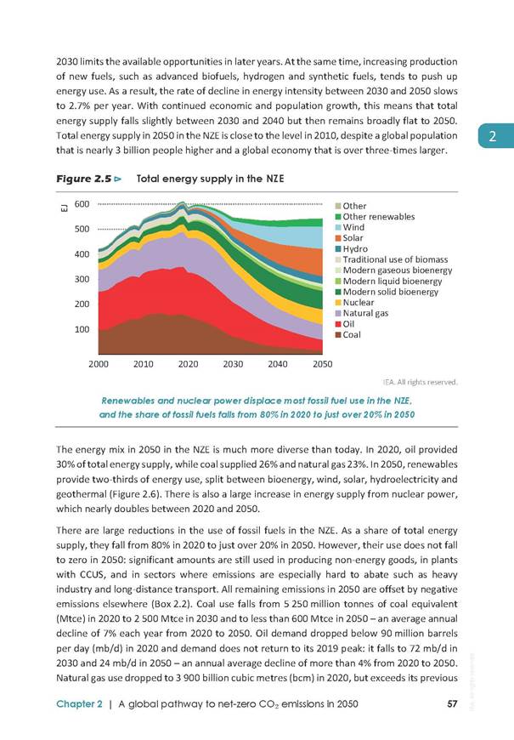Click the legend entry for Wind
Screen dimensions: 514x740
click(x=349, y=227)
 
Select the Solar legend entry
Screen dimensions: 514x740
click(x=349, y=238)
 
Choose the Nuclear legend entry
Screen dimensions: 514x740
click(x=354, y=303)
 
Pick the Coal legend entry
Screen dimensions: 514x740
click(x=348, y=334)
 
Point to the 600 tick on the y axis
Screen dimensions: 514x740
click(x=82, y=204)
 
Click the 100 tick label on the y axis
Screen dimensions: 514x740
click(x=82, y=329)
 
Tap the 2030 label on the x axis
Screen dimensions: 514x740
click(x=233, y=364)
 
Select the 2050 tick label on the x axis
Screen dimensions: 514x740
click(x=323, y=364)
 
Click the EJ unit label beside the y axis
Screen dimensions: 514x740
click(x=64, y=208)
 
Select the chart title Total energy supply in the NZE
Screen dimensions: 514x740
click(x=211, y=179)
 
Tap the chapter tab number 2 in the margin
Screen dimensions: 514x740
click(x=493, y=136)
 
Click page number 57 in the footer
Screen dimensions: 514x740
click(x=452, y=703)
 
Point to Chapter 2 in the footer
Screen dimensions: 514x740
click(x=79, y=703)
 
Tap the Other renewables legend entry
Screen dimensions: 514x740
click(x=375, y=217)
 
